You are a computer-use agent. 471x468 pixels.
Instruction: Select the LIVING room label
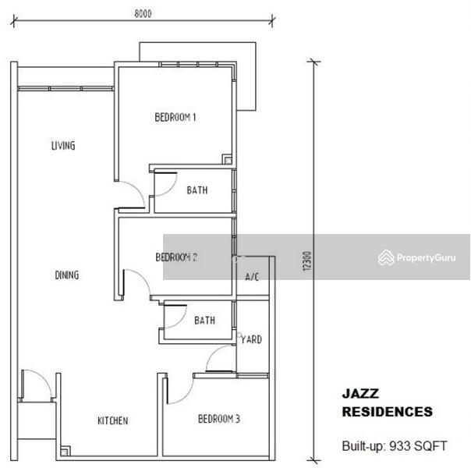63,146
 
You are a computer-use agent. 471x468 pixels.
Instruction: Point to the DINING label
67,275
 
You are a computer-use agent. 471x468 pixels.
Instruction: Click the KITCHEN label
112,421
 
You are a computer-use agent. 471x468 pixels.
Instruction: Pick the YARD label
251,340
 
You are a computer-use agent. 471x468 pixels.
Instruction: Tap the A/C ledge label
252,277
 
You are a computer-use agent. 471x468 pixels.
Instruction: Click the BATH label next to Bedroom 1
197,190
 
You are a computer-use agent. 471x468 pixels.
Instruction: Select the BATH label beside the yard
204,321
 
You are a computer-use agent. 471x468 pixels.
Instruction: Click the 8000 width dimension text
142,13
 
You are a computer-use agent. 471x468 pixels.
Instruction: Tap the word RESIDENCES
387,412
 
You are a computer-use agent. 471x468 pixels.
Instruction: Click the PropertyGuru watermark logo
416,257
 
